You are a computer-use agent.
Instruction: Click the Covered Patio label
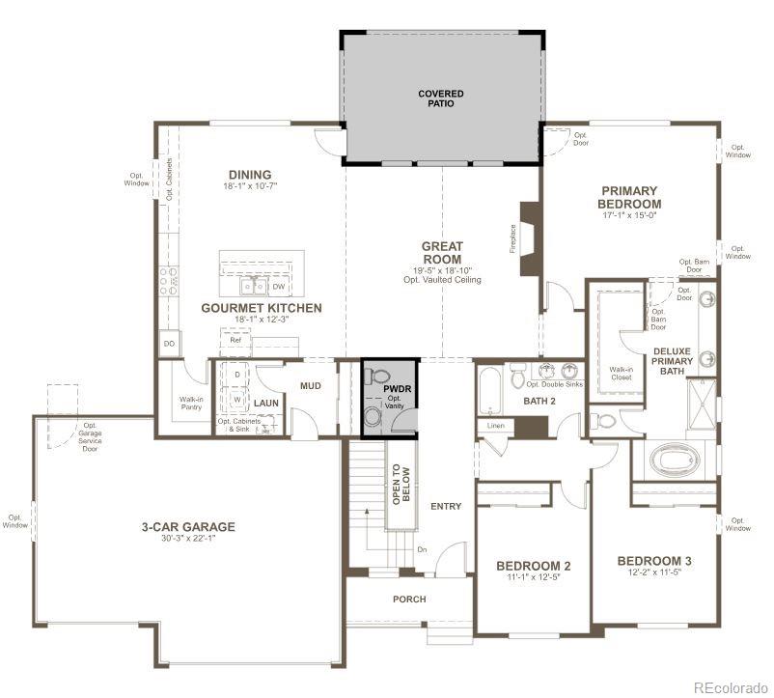(440, 98)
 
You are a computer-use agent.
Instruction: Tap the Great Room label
(442, 253)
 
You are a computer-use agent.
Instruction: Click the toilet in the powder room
(378, 377)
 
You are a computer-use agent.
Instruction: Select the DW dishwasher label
(278, 287)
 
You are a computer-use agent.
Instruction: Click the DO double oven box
(168, 344)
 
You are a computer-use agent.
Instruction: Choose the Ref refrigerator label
(234, 340)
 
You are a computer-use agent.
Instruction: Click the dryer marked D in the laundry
(237, 374)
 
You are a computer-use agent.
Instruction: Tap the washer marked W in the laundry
(237, 398)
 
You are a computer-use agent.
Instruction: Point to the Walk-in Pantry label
(191, 404)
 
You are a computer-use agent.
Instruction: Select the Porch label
(409, 600)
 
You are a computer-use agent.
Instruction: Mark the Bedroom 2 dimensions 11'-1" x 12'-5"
(534, 578)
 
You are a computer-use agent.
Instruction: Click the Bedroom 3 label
(654, 561)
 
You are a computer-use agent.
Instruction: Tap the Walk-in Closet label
(620, 373)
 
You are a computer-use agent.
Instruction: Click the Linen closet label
(495, 426)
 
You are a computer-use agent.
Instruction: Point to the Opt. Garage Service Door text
(90, 436)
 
